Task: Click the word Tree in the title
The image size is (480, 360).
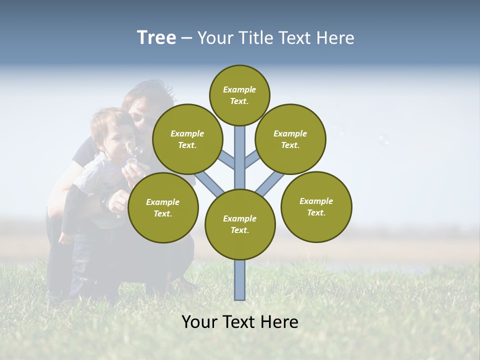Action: coord(156,37)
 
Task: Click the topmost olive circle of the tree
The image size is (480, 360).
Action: coord(239,95)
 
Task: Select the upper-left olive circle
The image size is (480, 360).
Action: coord(187,139)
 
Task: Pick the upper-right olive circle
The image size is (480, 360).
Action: coord(290,139)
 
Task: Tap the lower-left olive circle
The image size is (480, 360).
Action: coord(163,207)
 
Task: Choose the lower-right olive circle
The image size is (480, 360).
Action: coord(316,206)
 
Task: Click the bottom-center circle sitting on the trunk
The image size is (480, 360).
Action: coord(240,224)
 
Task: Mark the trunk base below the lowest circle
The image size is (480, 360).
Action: coord(240,280)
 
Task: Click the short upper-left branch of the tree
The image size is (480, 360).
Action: coord(227,160)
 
